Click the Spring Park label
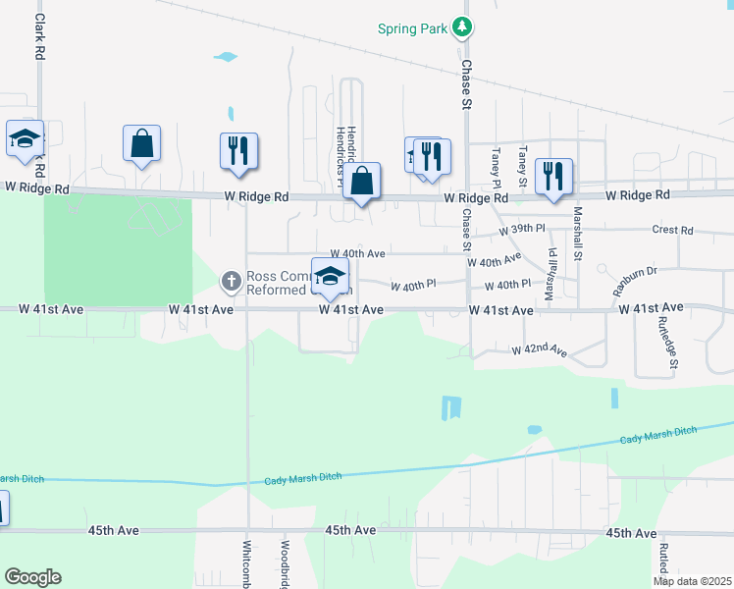click(411, 28)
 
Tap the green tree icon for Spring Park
click(460, 28)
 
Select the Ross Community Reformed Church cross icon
click(232, 282)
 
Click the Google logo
click(32, 577)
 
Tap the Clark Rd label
click(40, 33)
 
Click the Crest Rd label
click(672, 231)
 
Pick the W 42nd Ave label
click(539, 349)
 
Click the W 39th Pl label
click(521, 229)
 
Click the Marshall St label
click(578, 226)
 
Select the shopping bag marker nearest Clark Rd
click(142, 143)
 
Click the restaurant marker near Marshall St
click(554, 177)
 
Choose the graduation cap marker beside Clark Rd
click(25, 138)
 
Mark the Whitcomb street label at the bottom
click(246, 564)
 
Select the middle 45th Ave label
click(351, 530)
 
